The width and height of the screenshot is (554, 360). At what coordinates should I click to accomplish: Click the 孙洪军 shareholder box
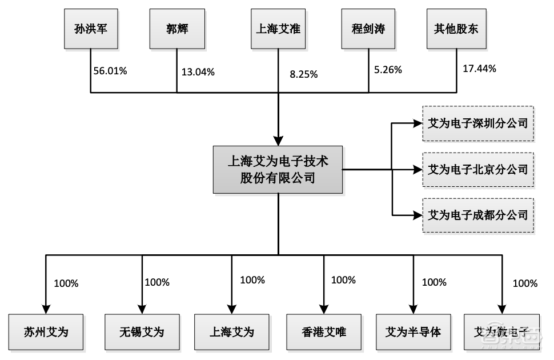(x=90, y=29)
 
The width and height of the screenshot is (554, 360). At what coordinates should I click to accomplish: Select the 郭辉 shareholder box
(x=177, y=29)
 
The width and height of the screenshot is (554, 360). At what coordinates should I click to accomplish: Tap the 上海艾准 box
(x=279, y=29)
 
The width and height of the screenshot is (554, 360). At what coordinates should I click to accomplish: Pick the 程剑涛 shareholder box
(x=368, y=29)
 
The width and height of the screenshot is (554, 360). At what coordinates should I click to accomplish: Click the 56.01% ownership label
(x=110, y=71)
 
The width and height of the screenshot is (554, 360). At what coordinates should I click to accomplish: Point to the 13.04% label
(x=198, y=72)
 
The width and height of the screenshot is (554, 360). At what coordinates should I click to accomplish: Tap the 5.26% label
(x=388, y=70)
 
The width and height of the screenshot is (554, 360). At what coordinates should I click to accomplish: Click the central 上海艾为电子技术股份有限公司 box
(x=278, y=169)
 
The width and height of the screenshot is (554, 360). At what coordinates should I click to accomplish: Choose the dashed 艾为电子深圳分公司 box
(x=478, y=122)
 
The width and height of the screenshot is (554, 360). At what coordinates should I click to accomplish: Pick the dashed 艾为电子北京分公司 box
(x=478, y=169)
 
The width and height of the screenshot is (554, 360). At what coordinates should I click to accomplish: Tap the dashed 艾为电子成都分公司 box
(x=478, y=215)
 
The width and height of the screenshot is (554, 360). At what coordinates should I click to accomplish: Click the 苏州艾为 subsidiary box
(x=46, y=331)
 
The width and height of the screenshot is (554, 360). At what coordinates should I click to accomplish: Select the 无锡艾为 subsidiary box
(x=142, y=331)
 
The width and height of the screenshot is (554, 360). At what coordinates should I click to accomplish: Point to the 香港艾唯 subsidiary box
(x=324, y=331)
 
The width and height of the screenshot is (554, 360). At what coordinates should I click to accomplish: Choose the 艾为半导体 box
(x=413, y=331)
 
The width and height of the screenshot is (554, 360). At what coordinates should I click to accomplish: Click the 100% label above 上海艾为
(x=252, y=280)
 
